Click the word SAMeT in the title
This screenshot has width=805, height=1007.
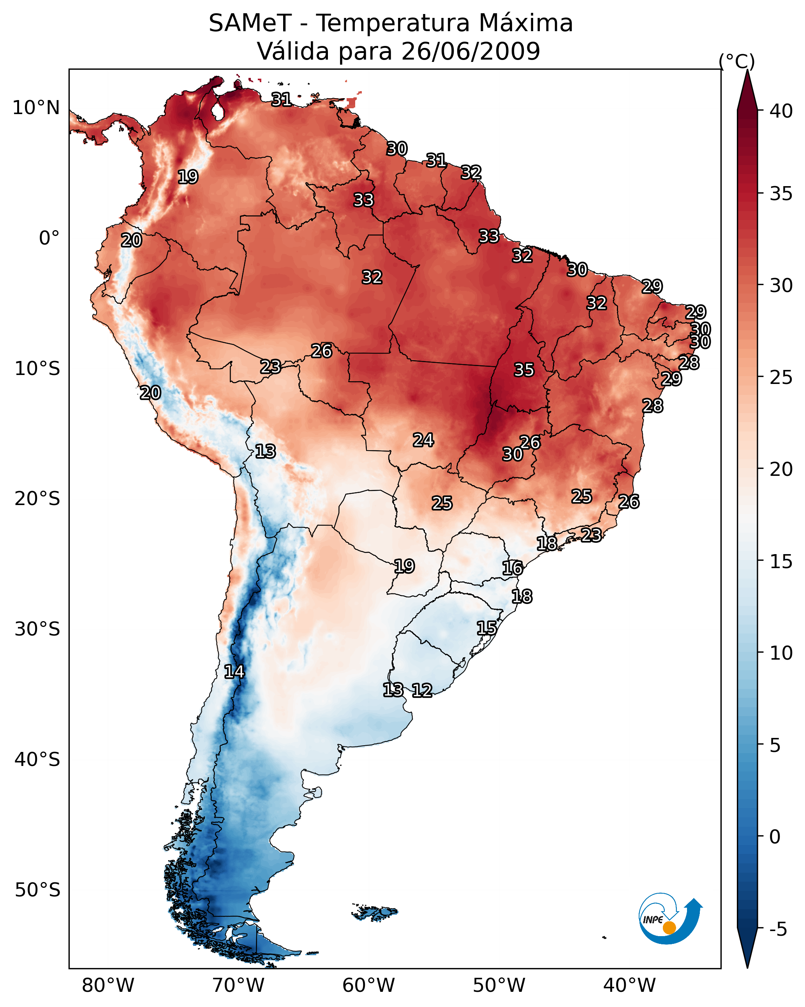pyautogui.click(x=250, y=23)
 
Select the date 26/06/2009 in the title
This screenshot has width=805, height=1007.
pyautogui.click(x=470, y=51)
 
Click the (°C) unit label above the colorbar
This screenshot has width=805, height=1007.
pyautogui.click(x=736, y=61)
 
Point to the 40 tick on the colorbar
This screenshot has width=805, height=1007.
pyautogui.click(x=781, y=111)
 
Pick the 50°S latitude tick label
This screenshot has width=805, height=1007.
pyautogui.click(x=37, y=890)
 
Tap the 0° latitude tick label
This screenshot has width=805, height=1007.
pyautogui.click(x=49, y=238)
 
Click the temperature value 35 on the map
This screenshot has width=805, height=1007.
pyautogui.click(x=524, y=370)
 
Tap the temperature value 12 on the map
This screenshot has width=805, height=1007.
pyautogui.click(x=422, y=690)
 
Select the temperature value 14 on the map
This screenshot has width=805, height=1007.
pyautogui.click(x=234, y=672)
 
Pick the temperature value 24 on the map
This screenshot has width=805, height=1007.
pyautogui.click(x=423, y=440)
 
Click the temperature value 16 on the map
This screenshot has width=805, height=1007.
pyautogui.click(x=513, y=568)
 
